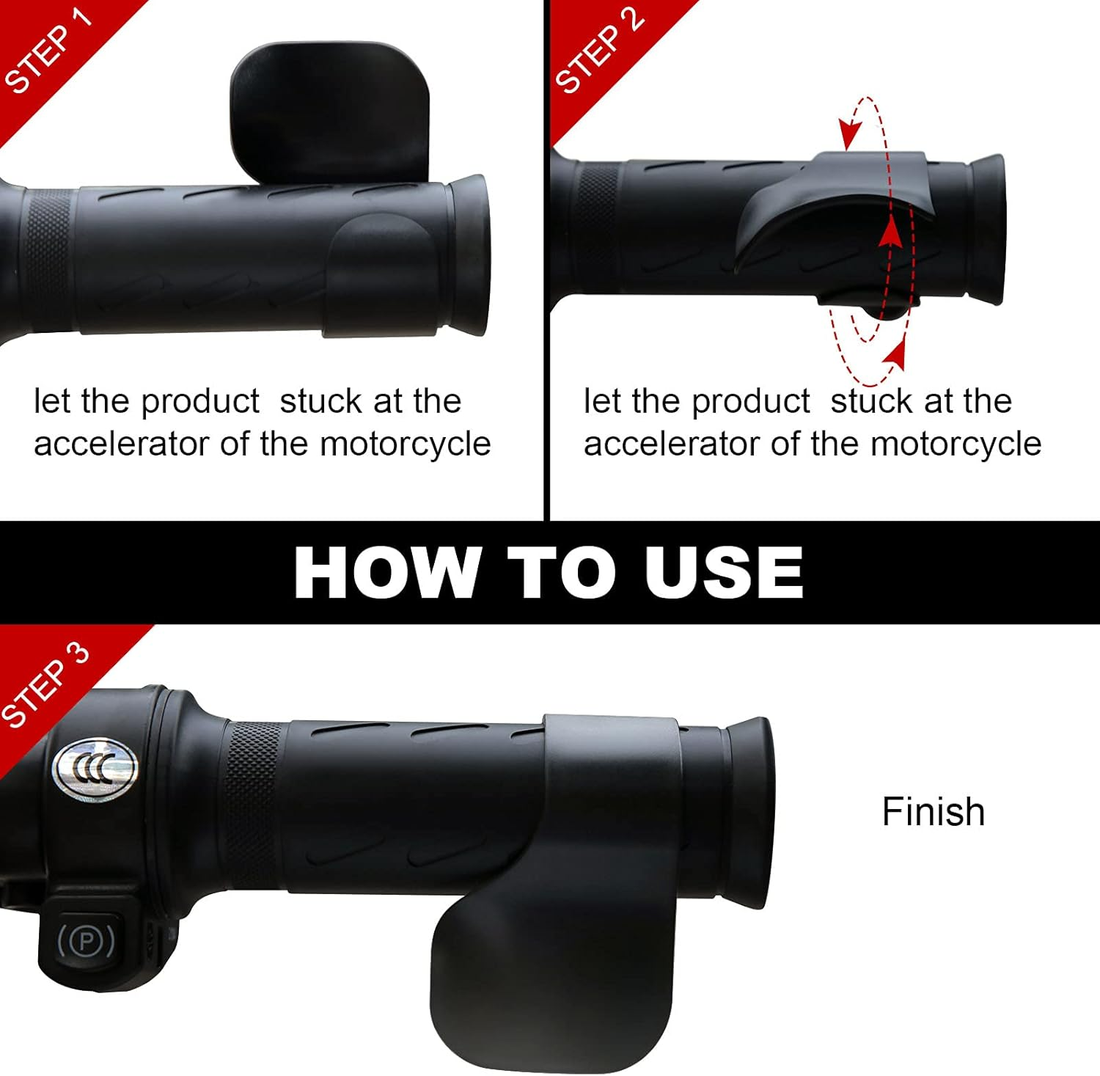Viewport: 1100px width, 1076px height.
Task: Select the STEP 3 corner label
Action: (x=45, y=686)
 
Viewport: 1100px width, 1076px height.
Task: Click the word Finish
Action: (x=933, y=812)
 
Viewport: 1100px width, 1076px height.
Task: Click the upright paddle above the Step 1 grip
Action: (x=330, y=110)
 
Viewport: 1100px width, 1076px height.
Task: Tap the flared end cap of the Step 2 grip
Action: (x=986, y=229)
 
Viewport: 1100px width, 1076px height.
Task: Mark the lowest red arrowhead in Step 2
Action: (x=894, y=357)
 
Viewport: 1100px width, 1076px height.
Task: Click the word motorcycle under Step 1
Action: (x=405, y=444)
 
